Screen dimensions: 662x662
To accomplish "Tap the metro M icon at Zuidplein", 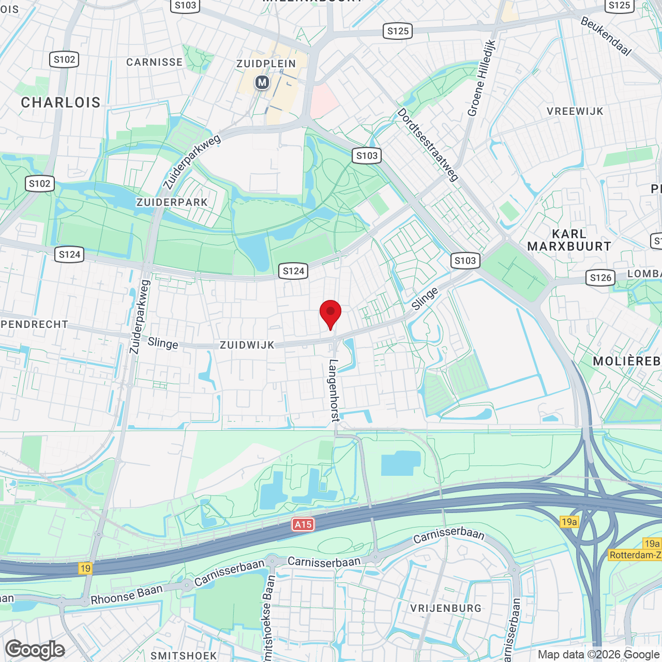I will (x=262, y=82).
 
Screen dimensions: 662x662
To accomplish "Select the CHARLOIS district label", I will (x=61, y=102).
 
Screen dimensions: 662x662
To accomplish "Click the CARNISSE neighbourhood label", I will (x=155, y=62).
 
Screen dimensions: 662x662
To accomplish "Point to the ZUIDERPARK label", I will (x=172, y=202).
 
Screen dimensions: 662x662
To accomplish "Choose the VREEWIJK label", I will (x=575, y=111).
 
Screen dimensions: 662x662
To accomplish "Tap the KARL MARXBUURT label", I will (x=569, y=240).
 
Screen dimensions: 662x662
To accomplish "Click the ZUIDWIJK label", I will (x=247, y=345).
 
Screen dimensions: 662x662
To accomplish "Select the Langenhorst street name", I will (x=334, y=390).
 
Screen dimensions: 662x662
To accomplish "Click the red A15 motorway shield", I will (x=303, y=524).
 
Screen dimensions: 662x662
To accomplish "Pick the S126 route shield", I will (x=601, y=278).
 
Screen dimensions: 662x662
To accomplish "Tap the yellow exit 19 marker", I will (x=85, y=568).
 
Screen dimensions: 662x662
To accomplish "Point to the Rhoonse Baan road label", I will (x=127, y=594).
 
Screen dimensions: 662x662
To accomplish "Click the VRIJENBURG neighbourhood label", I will (x=446, y=608).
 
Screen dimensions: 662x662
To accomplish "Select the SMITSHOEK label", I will (x=184, y=655).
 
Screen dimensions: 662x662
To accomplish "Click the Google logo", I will (x=35, y=650).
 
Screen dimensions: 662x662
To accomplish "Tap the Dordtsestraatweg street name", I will (x=428, y=144).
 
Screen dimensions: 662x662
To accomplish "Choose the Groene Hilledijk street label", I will (x=482, y=78).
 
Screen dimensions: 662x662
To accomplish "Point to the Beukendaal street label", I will (x=606, y=36).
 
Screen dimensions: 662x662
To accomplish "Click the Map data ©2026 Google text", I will (x=599, y=654).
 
